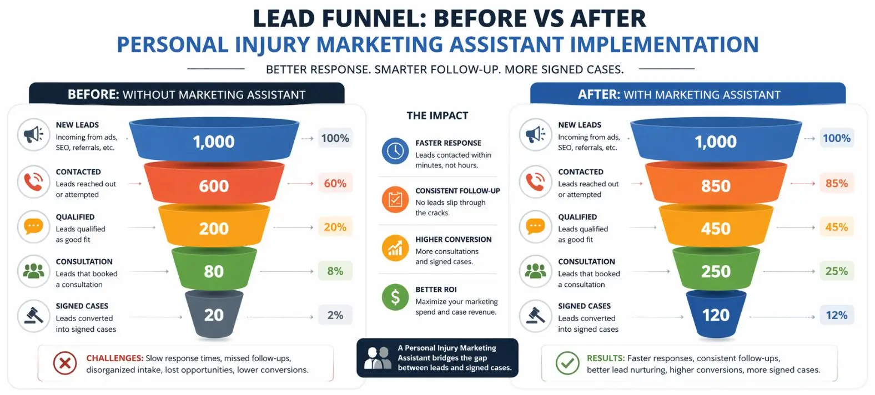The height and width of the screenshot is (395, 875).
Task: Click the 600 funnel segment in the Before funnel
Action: [x=214, y=183]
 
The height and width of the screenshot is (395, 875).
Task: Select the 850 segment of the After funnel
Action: [x=716, y=183]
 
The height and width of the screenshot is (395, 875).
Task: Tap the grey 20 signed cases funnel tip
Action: [x=214, y=314]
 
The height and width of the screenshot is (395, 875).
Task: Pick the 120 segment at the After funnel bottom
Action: [x=716, y=314]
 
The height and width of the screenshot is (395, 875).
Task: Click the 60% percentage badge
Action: [x=335, y=183]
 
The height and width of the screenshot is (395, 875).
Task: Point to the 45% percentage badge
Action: [x=836, y=227]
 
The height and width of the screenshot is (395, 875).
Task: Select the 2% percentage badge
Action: [x=335, y=315]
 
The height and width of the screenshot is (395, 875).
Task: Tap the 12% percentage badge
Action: [x=836, y=315]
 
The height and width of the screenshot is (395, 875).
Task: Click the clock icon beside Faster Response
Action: [x=395, y=151]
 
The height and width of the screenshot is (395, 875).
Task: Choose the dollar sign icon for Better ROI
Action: [x=395, y=297]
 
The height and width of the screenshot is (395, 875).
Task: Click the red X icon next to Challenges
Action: [x=65, y=363]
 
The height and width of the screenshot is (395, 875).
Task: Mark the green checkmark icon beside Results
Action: [x=567, y=363]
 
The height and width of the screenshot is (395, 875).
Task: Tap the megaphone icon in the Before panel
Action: [x=34, y=135]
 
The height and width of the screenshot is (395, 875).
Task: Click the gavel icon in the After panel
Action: [x=536, y=316]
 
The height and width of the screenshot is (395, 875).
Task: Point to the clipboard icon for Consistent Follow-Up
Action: [x=395, y=200]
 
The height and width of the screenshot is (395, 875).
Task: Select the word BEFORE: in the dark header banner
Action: [x=93, y=94]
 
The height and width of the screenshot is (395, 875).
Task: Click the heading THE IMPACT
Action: [x=438, y=115]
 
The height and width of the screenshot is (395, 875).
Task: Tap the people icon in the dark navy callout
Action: [x=378, y=358]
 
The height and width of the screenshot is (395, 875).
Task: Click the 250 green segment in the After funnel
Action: [x=716, y=270]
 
